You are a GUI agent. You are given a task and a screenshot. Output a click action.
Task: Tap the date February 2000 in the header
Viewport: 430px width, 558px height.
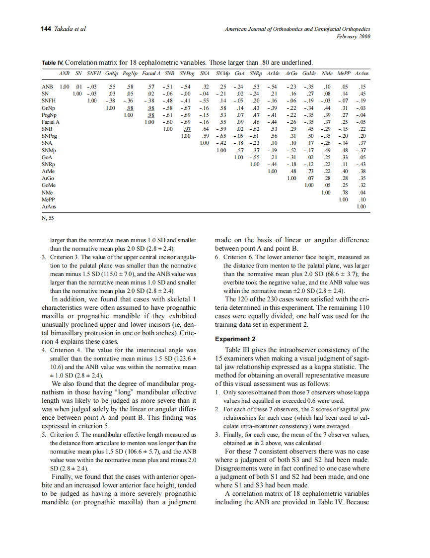(x=353, y=36)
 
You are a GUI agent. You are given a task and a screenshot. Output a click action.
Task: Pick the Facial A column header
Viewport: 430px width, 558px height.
(x=151, y=74)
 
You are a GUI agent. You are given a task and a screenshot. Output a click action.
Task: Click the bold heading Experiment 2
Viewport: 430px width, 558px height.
(x=234, y=339)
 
